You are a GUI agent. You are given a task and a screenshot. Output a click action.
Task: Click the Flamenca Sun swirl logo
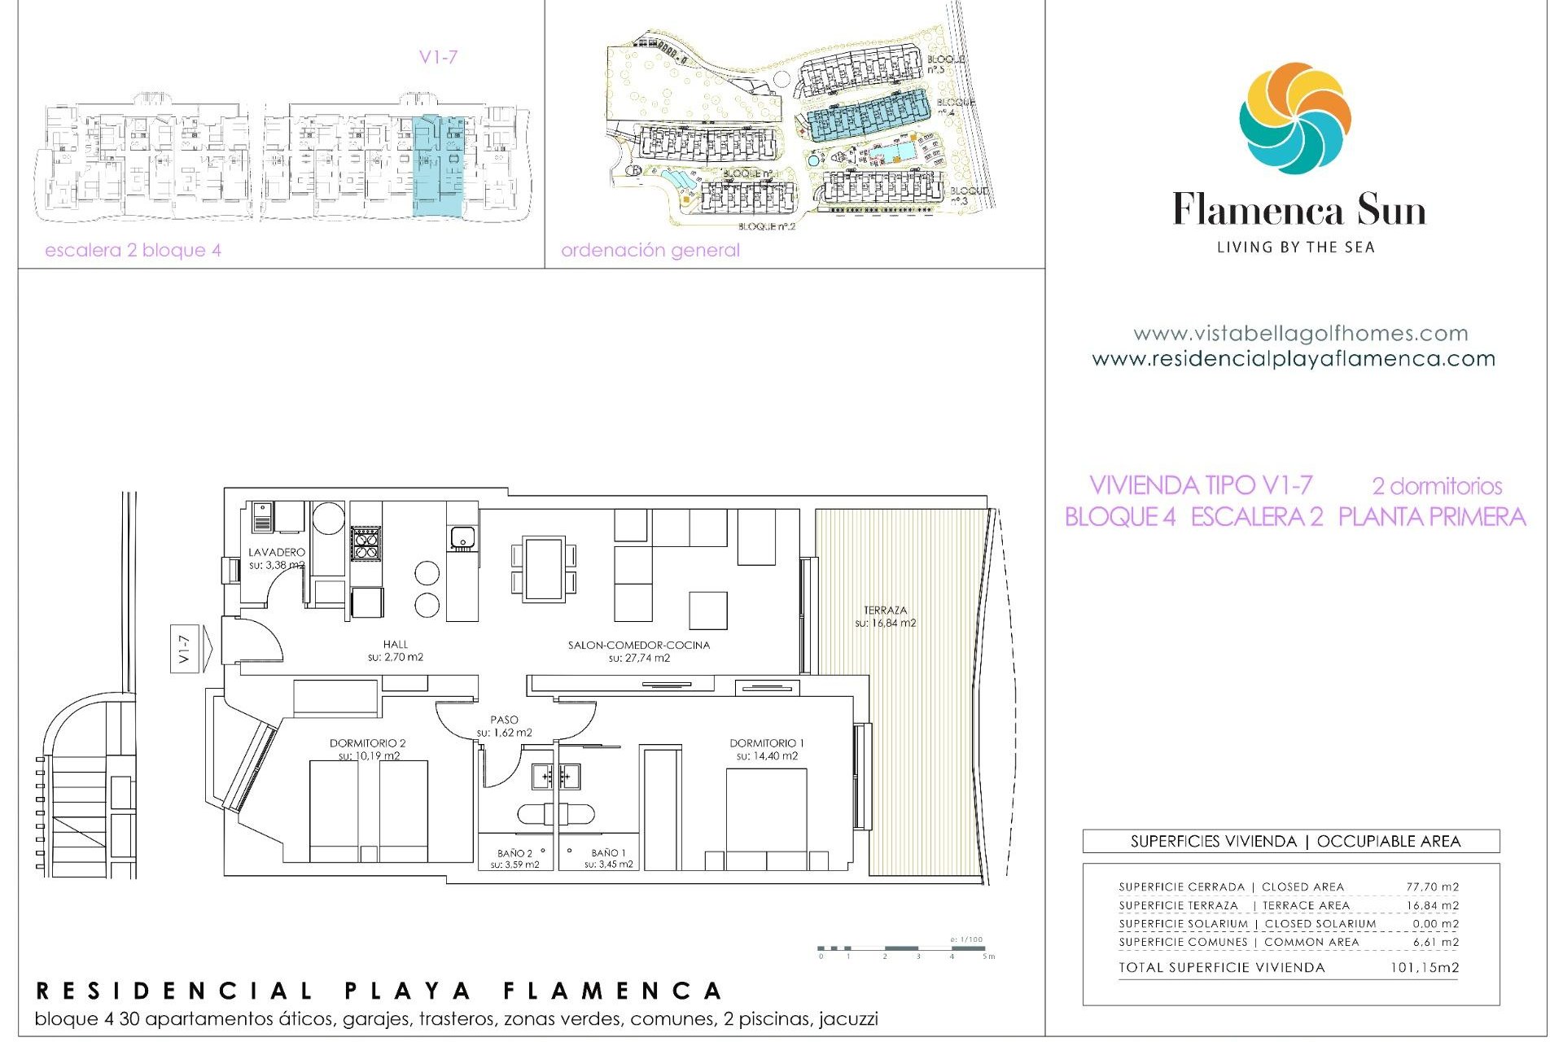point(1294,119)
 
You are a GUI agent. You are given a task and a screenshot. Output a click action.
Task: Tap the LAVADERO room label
point(277,553)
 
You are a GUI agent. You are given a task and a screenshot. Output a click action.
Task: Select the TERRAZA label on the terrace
point(885,611)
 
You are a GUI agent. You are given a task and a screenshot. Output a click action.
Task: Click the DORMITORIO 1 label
point(766,743)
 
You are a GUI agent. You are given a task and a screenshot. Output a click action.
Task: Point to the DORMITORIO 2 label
point(367,743)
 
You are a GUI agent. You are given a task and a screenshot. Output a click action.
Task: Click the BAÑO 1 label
point(608,853)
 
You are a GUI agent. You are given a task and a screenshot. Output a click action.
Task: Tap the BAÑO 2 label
point(514,854)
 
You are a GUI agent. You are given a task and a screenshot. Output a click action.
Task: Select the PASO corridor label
point(504,720)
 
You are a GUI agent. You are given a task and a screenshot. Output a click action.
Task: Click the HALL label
point(396,645)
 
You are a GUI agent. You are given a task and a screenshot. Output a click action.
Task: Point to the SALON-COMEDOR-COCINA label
point(639,646)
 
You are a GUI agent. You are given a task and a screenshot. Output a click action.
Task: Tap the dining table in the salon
point(544,568)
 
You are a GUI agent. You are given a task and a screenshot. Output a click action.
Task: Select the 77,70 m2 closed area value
point(1432,887)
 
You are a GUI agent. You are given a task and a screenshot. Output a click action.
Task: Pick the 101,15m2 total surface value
point(1424,968)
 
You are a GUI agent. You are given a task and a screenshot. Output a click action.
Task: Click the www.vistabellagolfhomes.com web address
point(1300,334)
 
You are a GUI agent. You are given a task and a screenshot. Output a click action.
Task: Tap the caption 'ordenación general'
point(650,250)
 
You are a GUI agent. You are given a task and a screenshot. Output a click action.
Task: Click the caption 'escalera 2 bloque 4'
point(133,250)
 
